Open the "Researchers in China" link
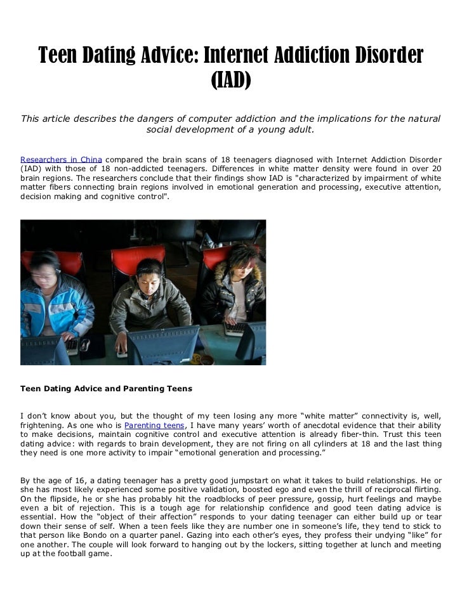tap(61, 159)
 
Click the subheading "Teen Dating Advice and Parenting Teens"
tap(106, 387)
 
